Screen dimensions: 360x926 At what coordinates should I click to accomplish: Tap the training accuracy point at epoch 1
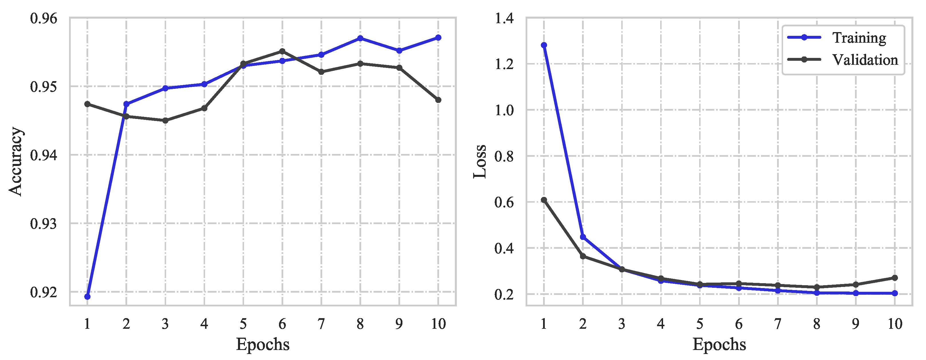(x=87, y=297)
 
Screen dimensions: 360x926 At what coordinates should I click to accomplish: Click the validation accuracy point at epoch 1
(x=87, y=104)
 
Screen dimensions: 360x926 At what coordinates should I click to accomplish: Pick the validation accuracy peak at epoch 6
(x=282, y=51)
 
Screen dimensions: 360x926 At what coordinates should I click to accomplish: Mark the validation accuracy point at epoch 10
(x=438, y=100)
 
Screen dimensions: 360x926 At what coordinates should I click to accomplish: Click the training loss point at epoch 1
(x=544, y=45)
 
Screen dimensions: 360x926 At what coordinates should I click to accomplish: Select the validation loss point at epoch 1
(x=544, y=200)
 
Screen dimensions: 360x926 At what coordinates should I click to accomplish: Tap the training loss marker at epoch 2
(x=583, y=237)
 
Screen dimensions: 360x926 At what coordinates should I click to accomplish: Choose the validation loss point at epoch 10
(x=895, y=278)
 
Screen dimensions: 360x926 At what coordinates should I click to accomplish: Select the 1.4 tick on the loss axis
(x=504, y=18)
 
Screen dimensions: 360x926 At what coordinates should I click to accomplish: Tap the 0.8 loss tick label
(x=504, y=156)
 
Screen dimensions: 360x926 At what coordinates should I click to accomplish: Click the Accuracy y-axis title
(x=16, y=161)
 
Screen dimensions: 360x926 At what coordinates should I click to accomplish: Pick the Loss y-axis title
(x=479, y=161)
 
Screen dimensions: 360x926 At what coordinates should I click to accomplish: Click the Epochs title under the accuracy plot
(x=263, y=344)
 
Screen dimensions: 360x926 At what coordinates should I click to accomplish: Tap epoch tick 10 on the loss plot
(x=895, y=324)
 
